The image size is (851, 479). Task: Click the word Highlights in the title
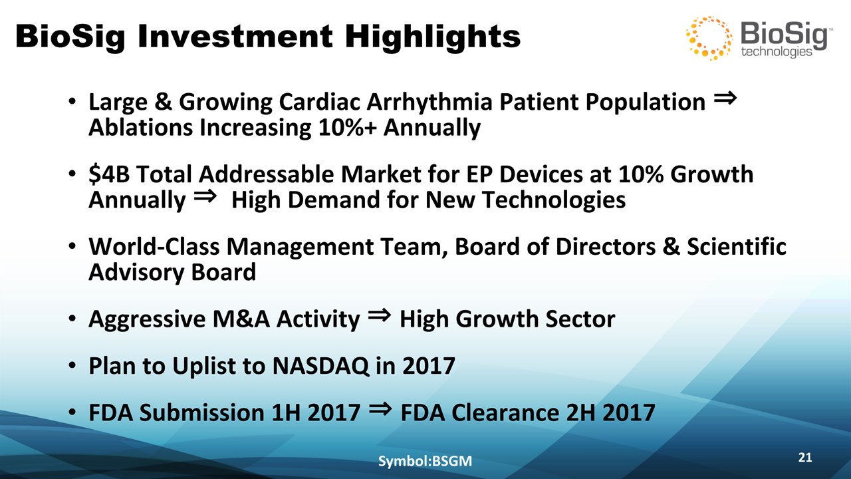coord(432,37)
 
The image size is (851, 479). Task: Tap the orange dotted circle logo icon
coord(709,38)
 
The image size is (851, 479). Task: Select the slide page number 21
coord(805,457)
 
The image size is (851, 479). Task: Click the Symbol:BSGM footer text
coord(425,461)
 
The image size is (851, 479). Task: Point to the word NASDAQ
coord(320,366)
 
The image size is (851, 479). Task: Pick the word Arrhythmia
coord(429,102)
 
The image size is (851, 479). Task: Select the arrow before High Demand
coord(205,196)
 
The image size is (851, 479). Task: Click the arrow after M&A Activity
coord(379,315)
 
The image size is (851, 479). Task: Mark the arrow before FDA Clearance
coord(380,408)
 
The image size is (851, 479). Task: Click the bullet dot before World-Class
coord(72,247)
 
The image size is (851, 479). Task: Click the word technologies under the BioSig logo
coord(777,52)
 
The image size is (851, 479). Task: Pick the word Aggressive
coord(147,319)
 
